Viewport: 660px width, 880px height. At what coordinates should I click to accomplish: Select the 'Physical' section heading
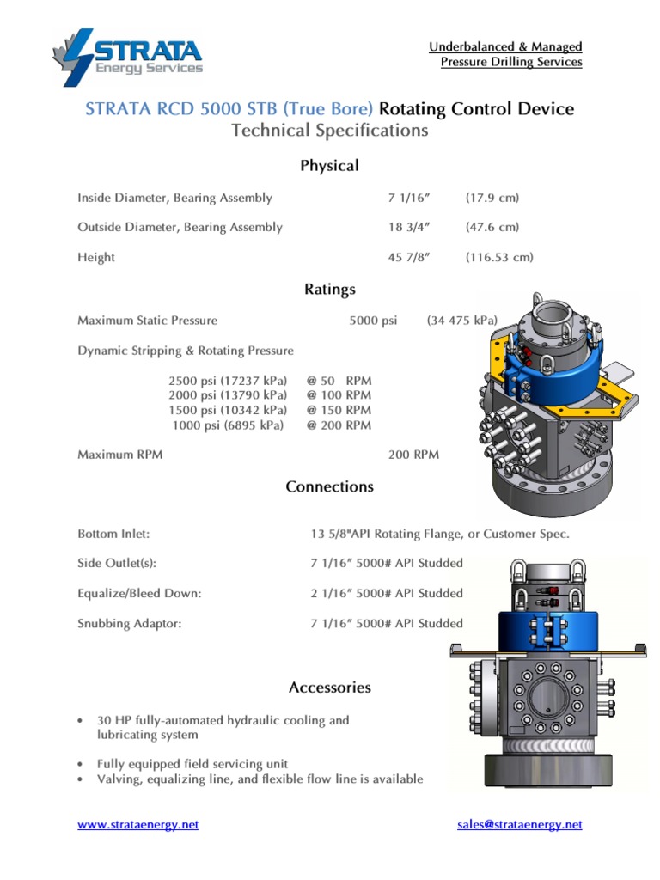point(329,166)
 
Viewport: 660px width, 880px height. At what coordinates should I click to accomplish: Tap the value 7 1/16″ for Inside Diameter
point(408,198)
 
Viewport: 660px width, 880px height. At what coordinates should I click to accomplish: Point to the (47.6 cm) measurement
point(492,228)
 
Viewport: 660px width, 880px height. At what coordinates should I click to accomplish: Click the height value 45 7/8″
point(408,258)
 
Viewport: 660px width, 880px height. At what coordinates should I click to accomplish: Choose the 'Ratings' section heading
point(329,290)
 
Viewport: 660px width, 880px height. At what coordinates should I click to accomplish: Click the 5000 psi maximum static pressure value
point(373,321)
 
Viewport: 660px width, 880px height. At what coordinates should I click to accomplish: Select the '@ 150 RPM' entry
point(339,411)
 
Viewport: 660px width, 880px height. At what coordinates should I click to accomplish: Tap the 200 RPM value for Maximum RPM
point(413,455)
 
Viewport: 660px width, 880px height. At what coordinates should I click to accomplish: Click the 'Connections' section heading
point(329,486)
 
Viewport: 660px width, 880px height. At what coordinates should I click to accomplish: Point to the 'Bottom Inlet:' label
point(113,534)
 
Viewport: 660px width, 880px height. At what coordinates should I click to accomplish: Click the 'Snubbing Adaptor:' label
point(129,624)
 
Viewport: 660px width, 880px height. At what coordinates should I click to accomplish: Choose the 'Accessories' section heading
point(329,687)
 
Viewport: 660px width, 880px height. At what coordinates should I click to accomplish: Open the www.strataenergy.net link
point(137,824)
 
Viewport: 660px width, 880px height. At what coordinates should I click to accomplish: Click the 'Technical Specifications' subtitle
point(329,131)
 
